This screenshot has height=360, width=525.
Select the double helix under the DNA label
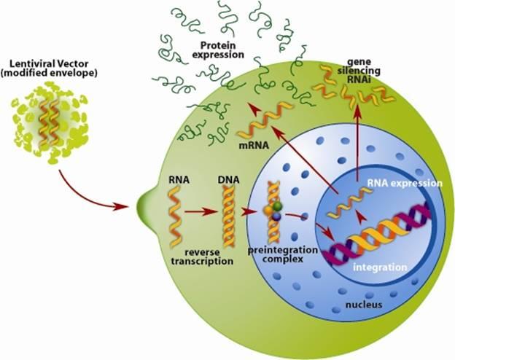point(227,211)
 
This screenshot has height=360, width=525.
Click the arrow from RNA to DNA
point(201,213)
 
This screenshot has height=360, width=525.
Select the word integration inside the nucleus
point(380,268)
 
